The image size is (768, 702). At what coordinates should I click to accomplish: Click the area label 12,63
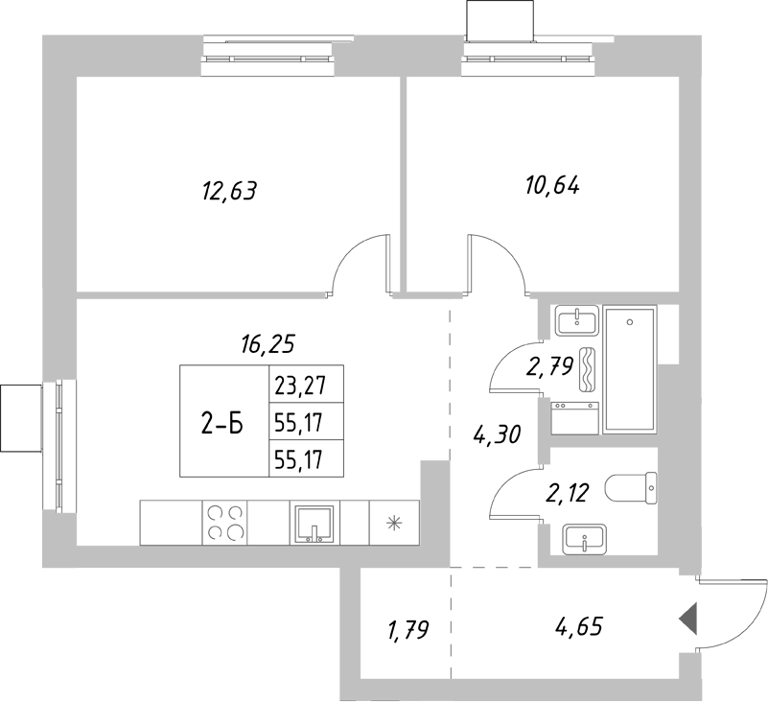click(230, 191)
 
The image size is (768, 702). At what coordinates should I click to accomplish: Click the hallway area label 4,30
click(497, 435)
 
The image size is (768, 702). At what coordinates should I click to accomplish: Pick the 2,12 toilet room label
click(566, 494)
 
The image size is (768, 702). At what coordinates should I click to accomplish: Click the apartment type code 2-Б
click(222, 423)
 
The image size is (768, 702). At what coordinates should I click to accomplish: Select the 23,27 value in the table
click(300, 386)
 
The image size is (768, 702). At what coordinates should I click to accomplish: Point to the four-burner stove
click(226, 523)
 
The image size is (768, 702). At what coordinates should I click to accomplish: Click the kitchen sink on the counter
click(314, 524)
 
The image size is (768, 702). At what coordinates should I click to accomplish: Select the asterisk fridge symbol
click(393, 523)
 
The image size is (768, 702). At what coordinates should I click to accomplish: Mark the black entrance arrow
click(687, 620)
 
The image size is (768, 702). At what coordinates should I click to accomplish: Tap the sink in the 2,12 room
click(584, 539)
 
